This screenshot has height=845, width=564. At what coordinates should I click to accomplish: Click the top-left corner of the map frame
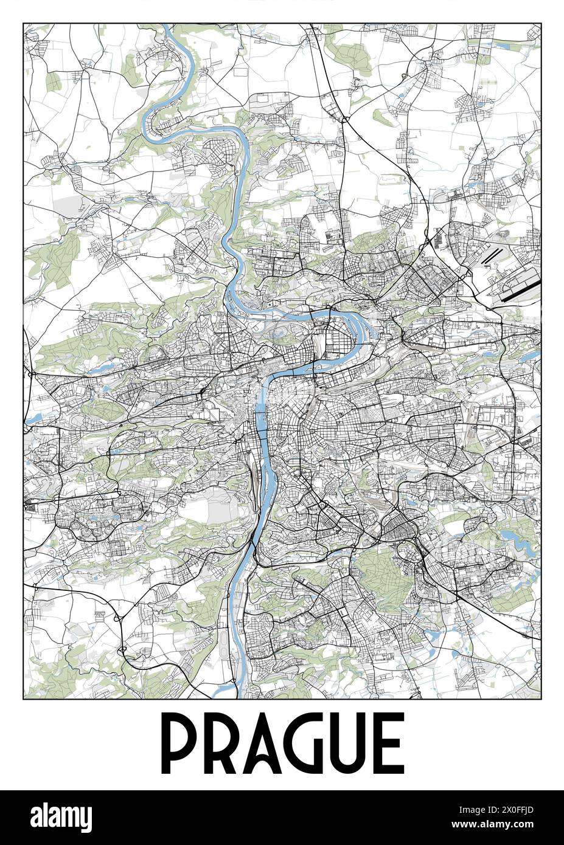click(23, 23)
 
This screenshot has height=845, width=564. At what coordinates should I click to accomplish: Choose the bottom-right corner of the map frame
click(540, 698)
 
